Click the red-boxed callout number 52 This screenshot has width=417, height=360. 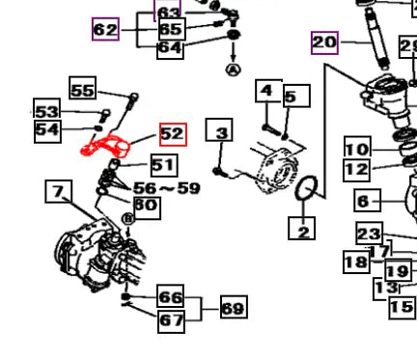(x=173, y=134)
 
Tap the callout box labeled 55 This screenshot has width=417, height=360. (x=83, y=88)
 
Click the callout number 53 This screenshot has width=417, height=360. (x=47, y=110)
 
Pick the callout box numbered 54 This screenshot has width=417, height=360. (x=47, y=130)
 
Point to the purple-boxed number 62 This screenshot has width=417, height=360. (x=105, y=29)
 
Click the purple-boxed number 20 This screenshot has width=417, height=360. (x=324, y=42)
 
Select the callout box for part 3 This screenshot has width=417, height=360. (x=219, y=129)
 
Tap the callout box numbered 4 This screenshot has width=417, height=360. (x=268, y=91)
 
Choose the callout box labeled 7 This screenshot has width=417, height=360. (x=59, y=191)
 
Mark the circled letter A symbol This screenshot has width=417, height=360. (x=234, y=69)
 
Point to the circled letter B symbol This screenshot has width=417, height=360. (x=128, y=219)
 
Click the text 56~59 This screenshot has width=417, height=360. (x=167, y=188)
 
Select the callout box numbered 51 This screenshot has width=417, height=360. (x=164, y=165)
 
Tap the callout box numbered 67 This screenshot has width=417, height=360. (x=171, y=321)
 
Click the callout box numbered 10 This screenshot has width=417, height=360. (x=357, y=148)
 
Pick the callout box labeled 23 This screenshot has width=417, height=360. (x=370, y=234)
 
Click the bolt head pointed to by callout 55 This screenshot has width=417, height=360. (x=134, y=97)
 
